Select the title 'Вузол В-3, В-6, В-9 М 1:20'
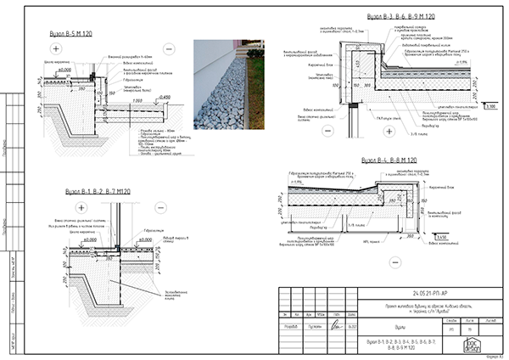point(401,16)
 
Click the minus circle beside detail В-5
point(168,49)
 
